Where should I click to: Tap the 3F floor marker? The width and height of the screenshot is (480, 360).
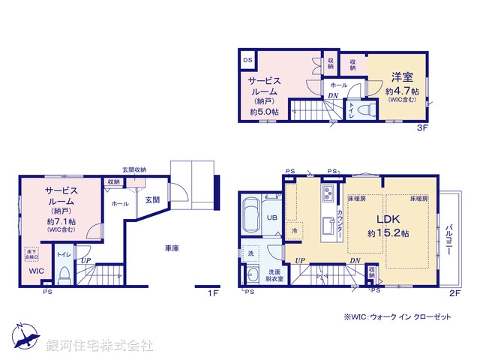[421, 128]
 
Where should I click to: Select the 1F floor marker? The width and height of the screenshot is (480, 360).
[213, 293]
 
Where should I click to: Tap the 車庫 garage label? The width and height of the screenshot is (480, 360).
[172, 247]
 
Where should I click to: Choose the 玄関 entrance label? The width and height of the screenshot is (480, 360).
[152, 199]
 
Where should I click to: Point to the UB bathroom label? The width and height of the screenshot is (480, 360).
[272, 217]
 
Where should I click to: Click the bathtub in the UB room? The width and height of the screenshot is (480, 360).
[253, 214]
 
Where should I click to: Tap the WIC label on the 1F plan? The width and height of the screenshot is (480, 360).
[36, 271]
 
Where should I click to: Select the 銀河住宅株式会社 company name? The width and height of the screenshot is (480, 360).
[99, 346]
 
